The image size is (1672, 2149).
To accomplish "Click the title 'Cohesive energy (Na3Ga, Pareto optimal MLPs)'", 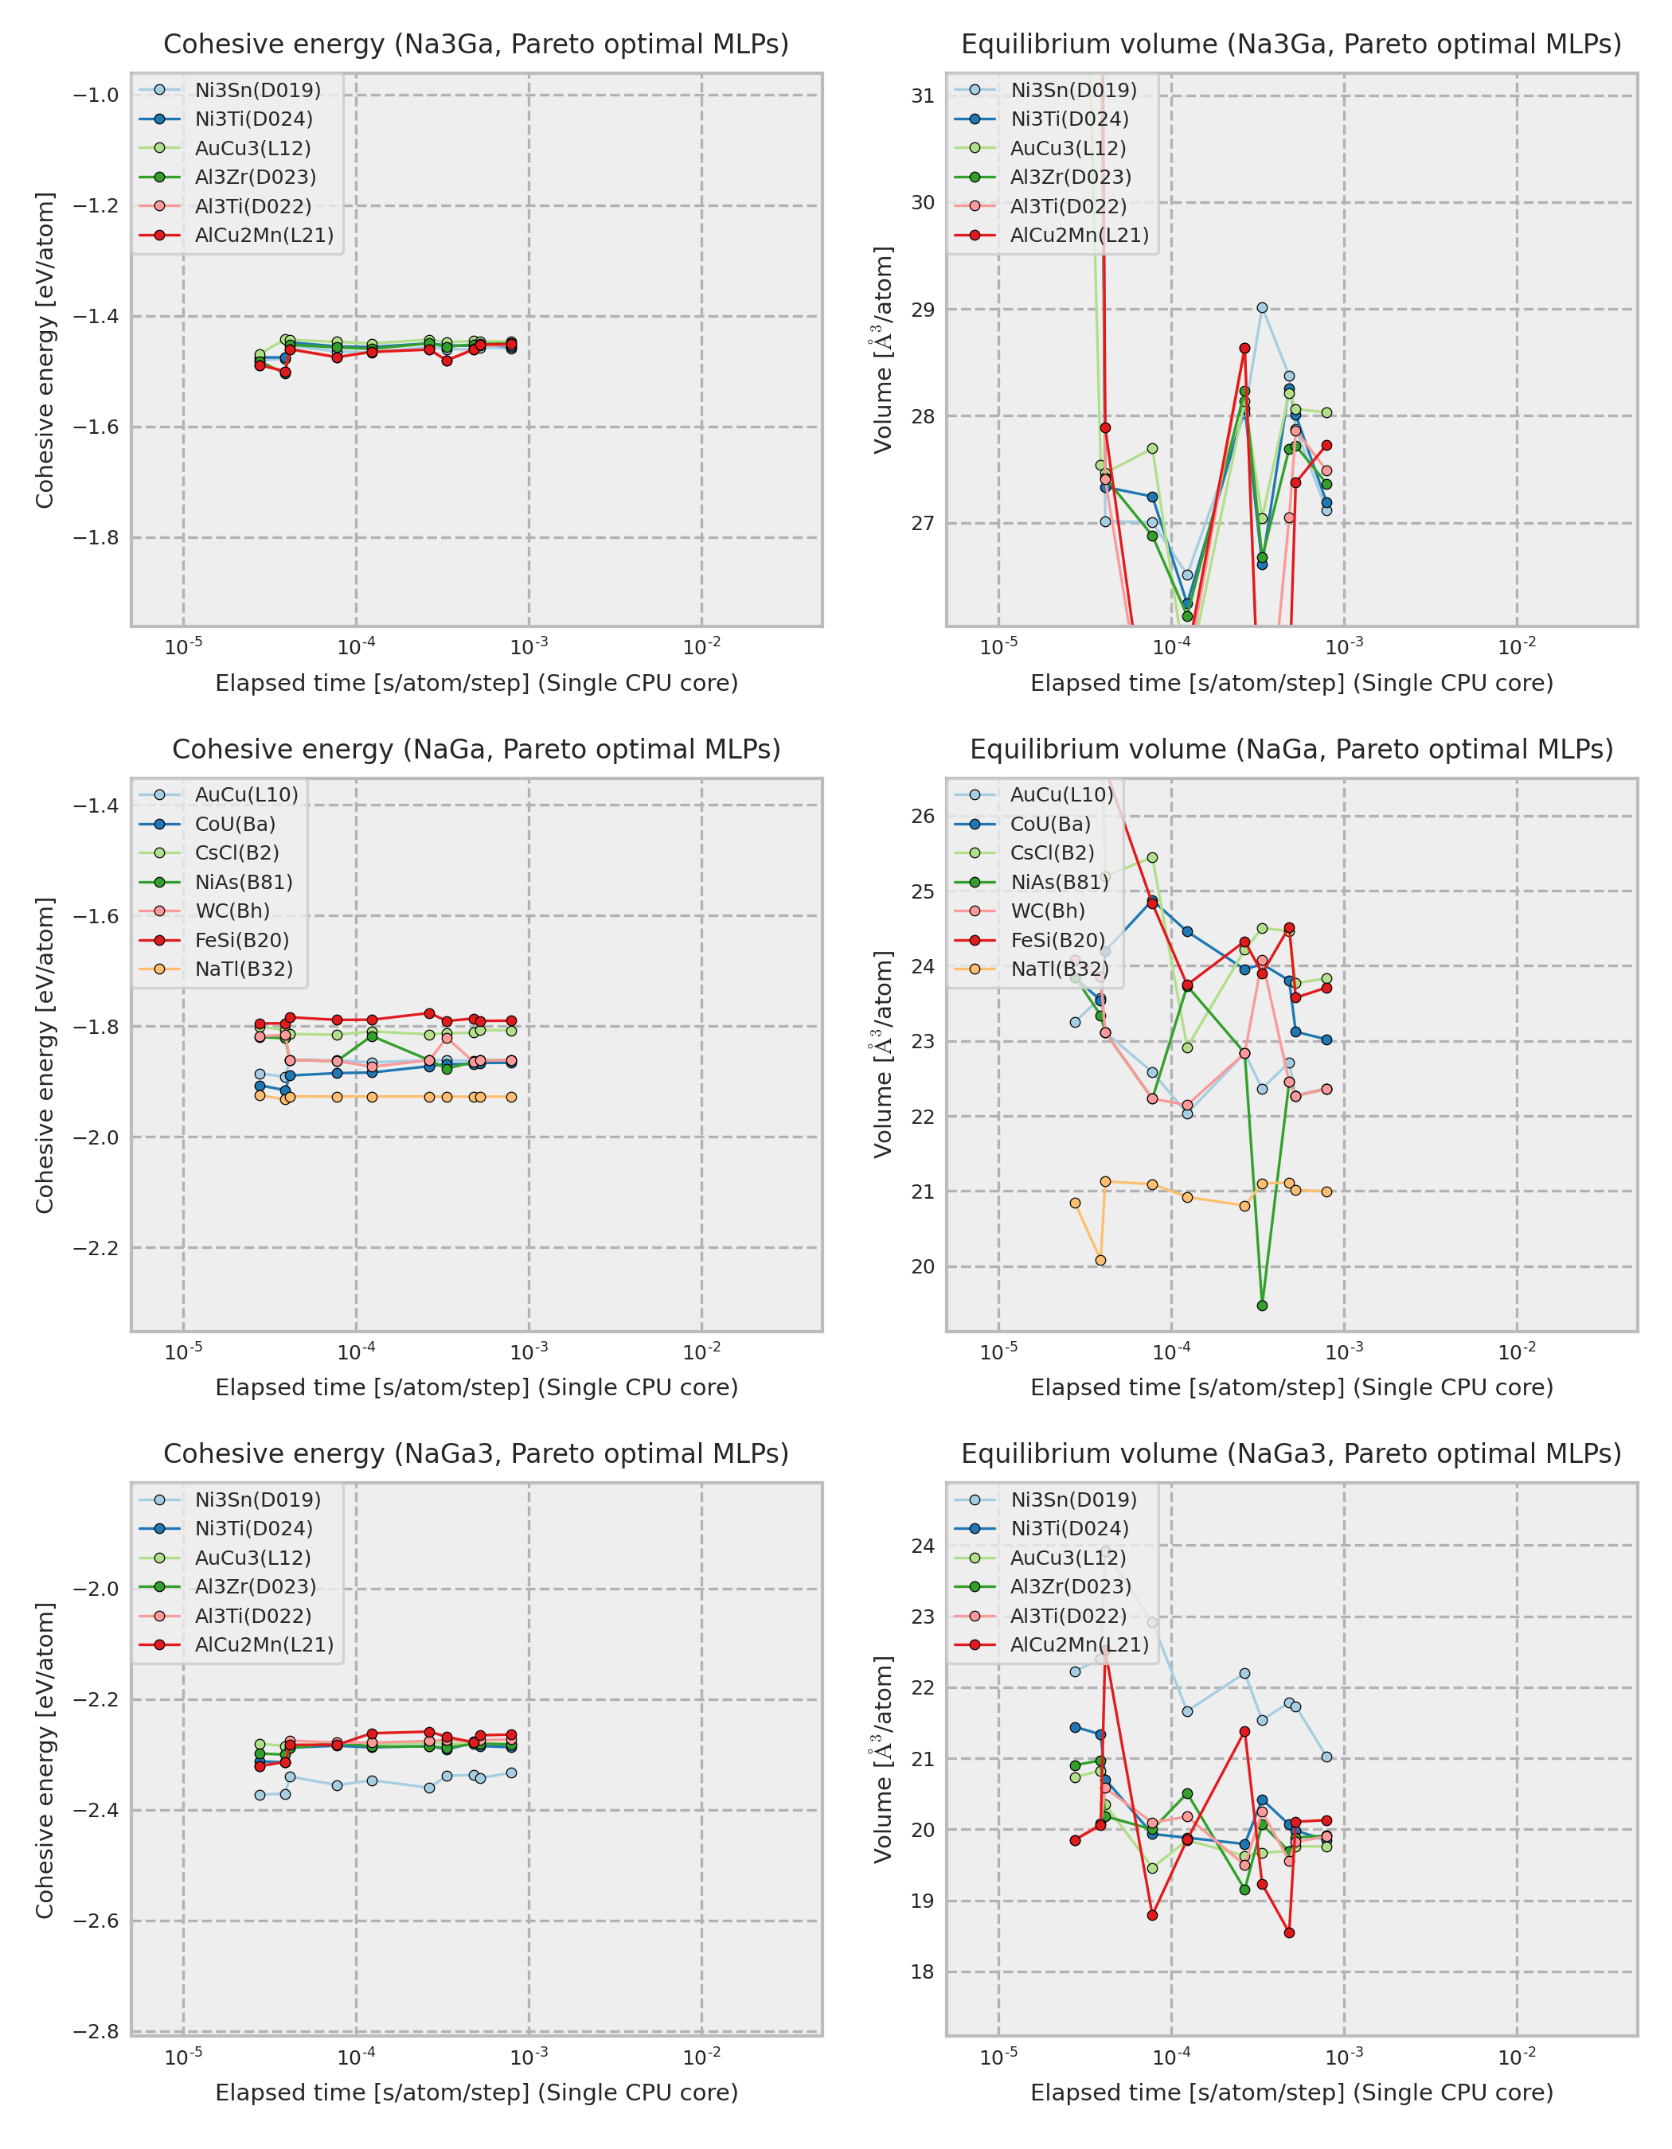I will coord(475,45).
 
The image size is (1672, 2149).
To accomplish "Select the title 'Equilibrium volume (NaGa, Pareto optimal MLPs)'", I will coord(1291,749).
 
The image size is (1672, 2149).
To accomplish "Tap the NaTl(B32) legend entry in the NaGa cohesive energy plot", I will coord(243,969).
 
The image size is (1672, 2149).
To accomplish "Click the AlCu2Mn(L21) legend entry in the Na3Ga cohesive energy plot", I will coord(264,235).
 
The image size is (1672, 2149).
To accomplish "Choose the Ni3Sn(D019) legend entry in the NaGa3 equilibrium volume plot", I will coord(1072,1500).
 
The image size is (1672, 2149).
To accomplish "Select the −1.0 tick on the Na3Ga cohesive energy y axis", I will coord(96,96).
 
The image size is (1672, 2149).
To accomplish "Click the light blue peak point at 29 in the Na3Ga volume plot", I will coord(1262,308).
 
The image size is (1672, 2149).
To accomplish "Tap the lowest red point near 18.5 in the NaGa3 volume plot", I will coord(1289,1933).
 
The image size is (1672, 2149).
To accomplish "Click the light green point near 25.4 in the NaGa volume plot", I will coord(1152,858).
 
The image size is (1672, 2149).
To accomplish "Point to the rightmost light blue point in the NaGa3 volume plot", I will coord(1326,1757).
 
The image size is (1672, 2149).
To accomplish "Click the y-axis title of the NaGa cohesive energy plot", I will coord(45,1055).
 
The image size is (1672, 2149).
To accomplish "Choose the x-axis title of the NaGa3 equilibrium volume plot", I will coord(1291,2092).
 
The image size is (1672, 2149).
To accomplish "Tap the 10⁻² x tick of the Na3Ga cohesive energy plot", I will coord(701,646).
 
